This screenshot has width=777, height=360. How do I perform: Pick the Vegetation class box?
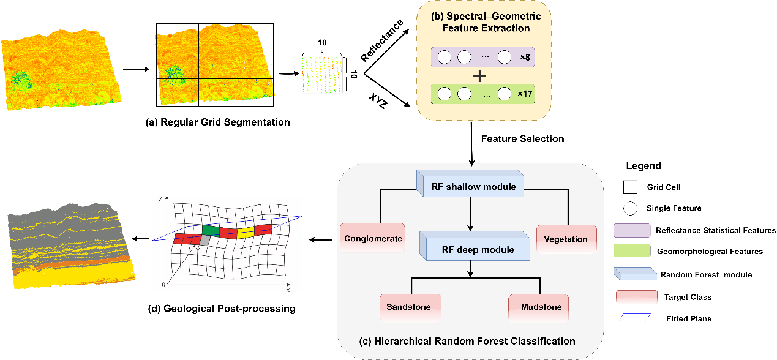tap(566, 239)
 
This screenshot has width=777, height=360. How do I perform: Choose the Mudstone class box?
tap(539, 306)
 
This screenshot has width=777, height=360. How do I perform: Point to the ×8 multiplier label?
tap(525, 58)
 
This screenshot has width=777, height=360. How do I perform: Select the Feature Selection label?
tap(522, 139)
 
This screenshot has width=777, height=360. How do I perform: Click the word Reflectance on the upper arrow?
tap(382, 41)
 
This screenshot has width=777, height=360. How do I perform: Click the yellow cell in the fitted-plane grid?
tap(245, 233)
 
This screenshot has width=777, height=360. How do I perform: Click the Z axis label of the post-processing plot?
tap(160, 200)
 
